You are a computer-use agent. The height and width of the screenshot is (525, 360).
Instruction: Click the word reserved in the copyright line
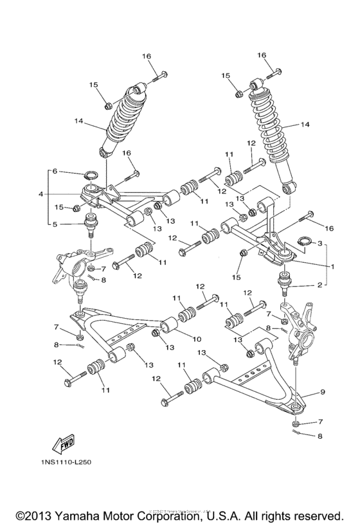click(317, 516)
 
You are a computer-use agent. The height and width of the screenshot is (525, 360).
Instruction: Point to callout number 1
click(333, 265)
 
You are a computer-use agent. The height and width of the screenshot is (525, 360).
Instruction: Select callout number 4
click(40, 194)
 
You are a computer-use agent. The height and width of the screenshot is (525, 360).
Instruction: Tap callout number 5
click(55, 224)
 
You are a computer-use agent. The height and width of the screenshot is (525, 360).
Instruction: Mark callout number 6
click(55, 172)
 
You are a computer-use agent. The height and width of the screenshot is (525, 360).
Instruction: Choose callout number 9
click(323, 391)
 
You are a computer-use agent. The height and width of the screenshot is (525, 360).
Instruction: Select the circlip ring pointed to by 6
click(91, 174)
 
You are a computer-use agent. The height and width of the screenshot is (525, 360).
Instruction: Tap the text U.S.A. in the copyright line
click(222, 516)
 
